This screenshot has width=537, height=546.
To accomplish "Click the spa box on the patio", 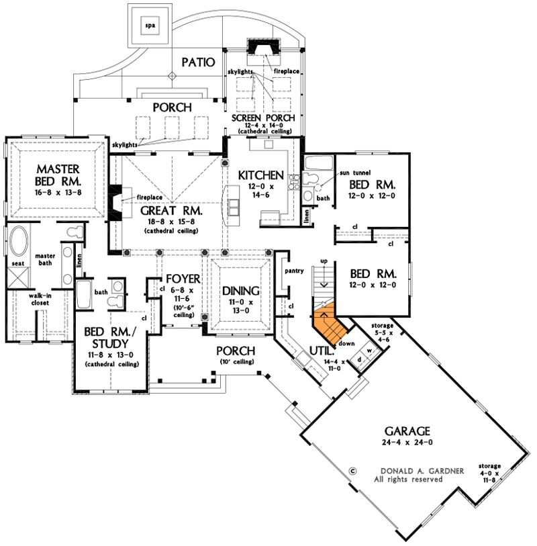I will [150, 26].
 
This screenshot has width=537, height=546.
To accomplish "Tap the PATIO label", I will [197, 62].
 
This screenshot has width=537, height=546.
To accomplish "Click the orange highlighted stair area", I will [329, 324].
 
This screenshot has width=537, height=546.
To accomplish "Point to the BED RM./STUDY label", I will [111, 338].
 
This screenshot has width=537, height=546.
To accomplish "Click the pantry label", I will [295, 271].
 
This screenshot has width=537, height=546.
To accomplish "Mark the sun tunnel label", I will [354, 173].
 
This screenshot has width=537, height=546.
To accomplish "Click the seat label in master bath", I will [18, 263].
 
